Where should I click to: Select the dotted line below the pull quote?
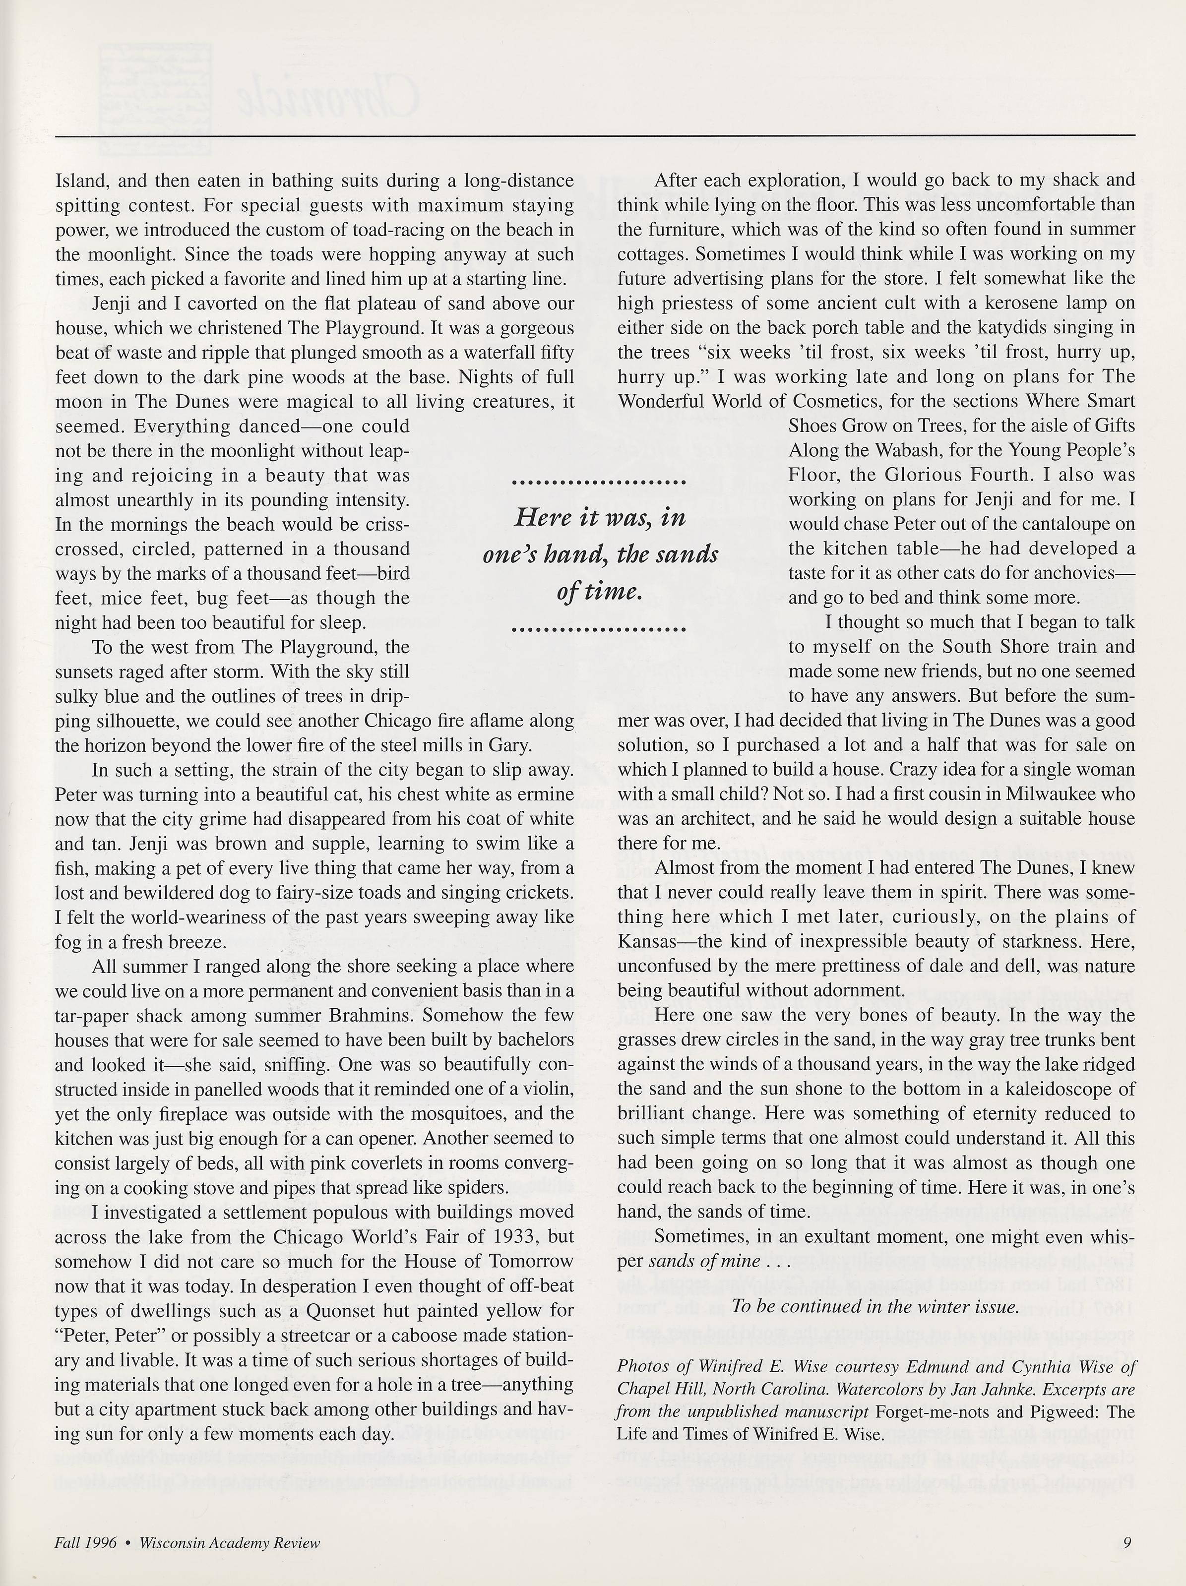(x=600, y=631)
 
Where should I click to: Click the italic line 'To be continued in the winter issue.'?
(x=875, y=1306)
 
